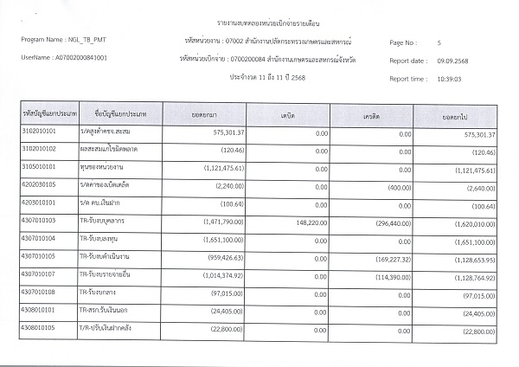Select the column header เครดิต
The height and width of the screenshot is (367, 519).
374,115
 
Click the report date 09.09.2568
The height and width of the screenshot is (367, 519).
452,61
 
